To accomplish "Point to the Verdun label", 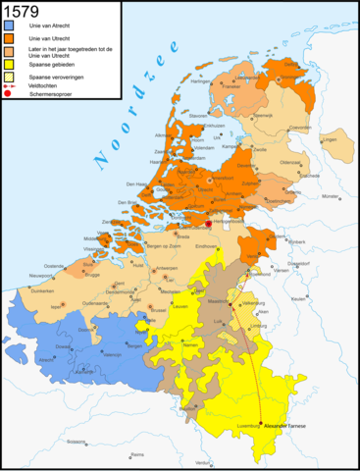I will tap(201, 462).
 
